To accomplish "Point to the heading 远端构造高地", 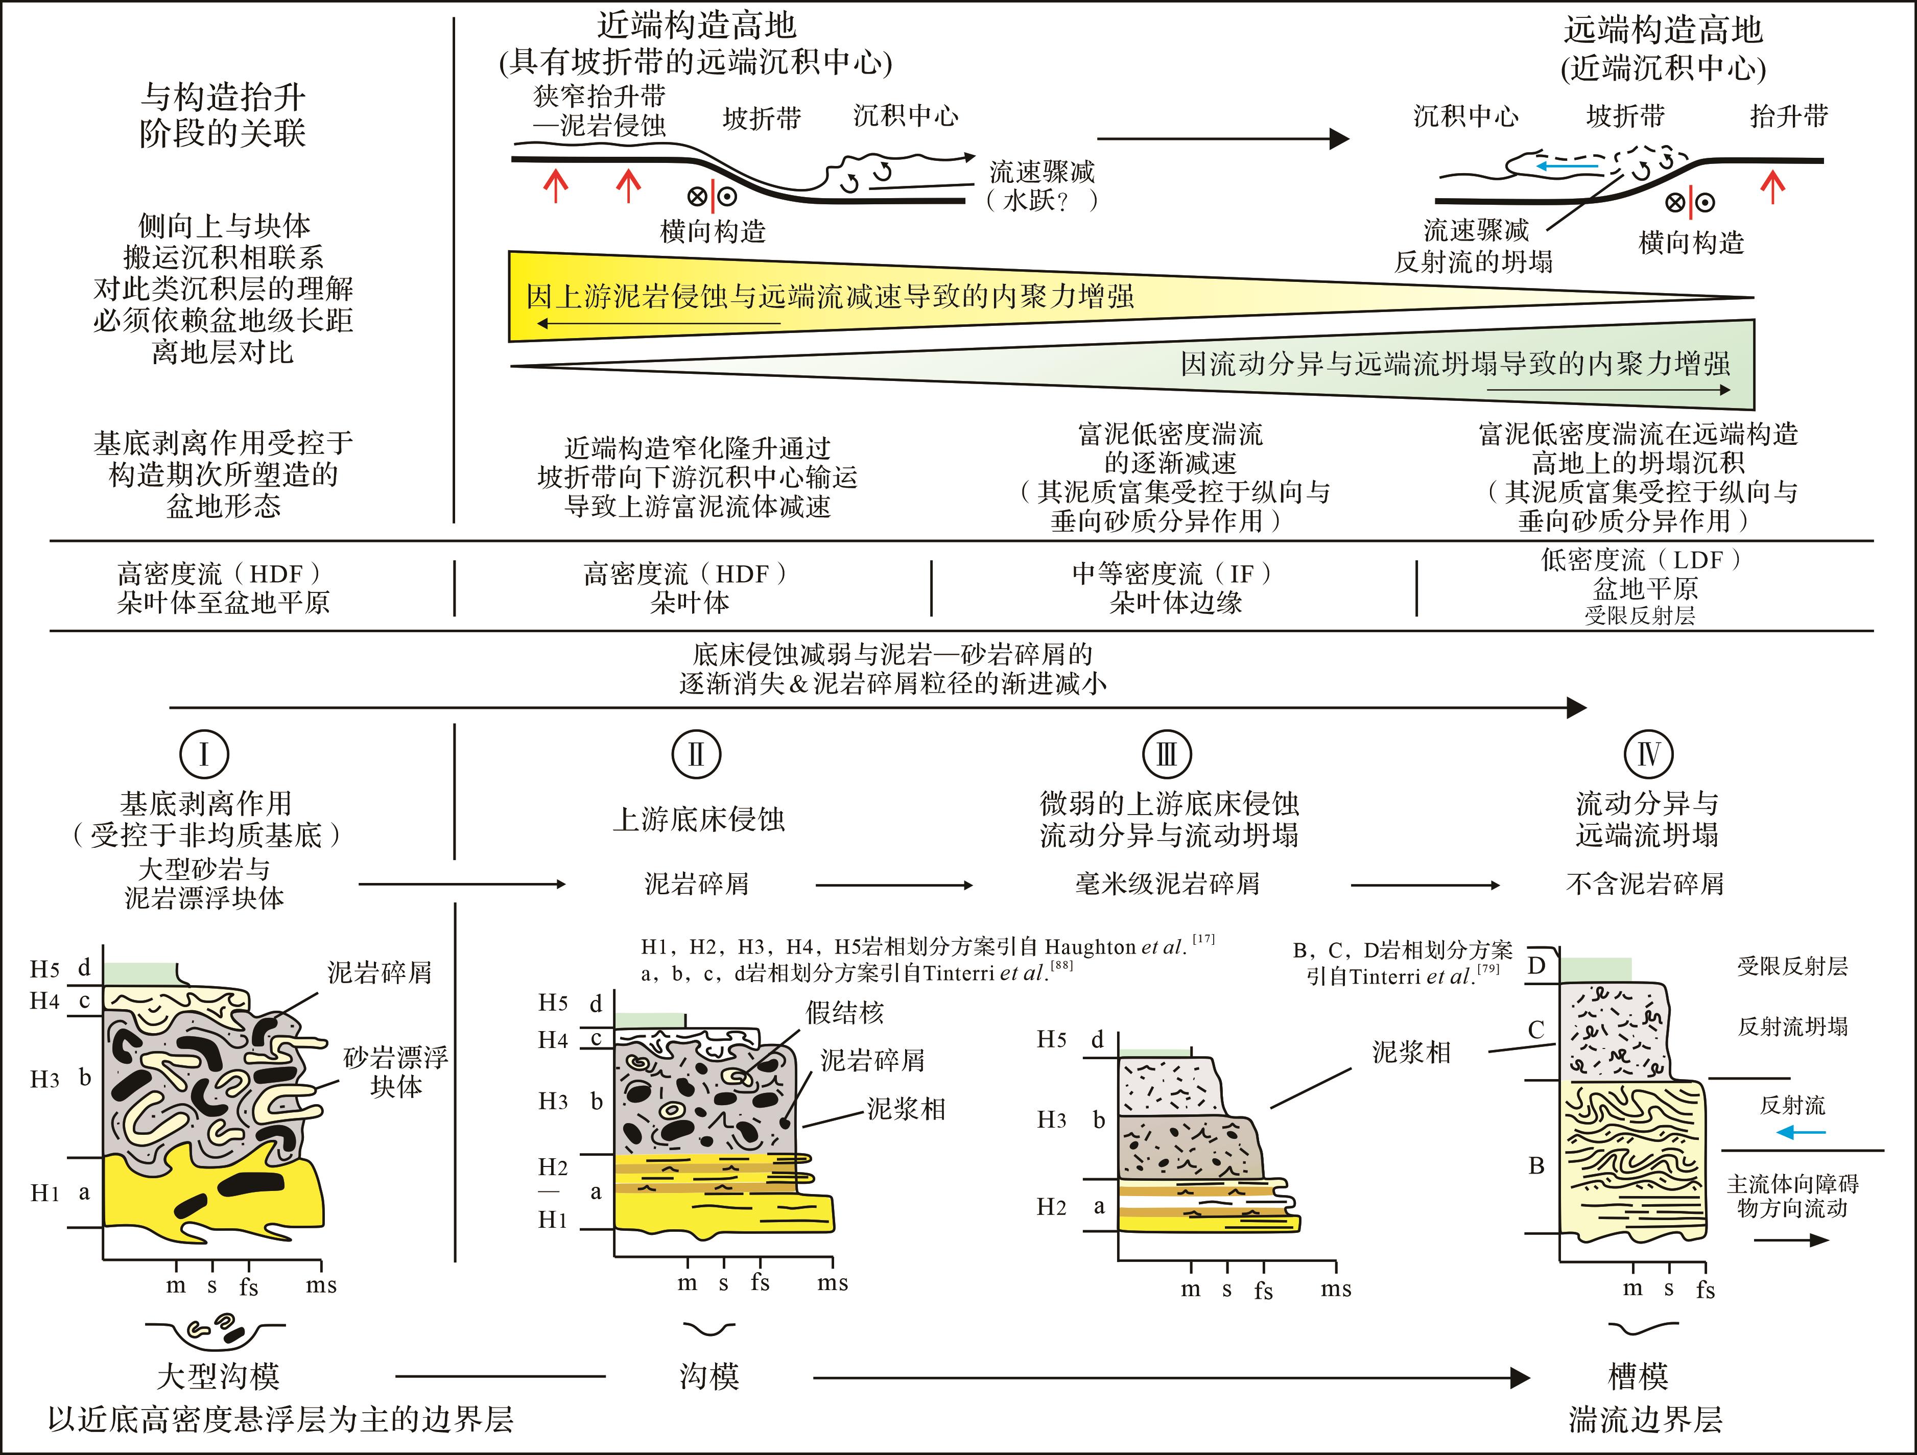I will (x=1663, y=30).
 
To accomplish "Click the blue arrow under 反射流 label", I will (x=1800, y=1132).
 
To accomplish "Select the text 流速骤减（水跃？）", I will (x=1042, y=185).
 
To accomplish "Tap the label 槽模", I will (x=1638, y=1376).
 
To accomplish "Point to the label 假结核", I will (x=844, y=1012).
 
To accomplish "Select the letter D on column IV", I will (x=1536, y=965).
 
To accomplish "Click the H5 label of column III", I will (x=1052, y=1039).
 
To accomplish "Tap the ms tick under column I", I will (x=321, y=1285).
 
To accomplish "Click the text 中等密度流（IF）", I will (x=1173, y=574).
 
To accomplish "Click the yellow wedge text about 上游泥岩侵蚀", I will (x=830, y=296).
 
